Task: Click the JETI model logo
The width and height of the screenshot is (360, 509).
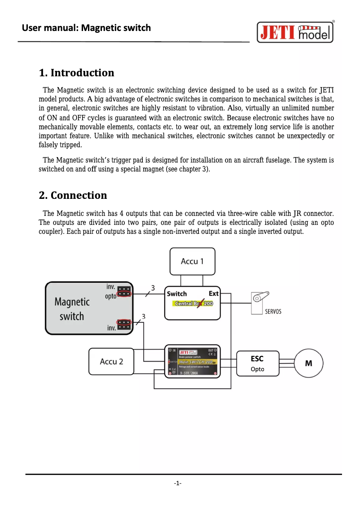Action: tap(295, 32)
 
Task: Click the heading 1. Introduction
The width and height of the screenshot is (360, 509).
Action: tap(76, 73)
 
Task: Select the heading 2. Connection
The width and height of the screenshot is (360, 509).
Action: tap(73, 195)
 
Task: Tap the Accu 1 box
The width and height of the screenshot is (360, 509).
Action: tap(192, 261)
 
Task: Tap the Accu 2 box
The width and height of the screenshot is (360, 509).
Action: tap(111, 361)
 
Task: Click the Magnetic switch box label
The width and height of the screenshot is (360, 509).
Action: tap(72, 309)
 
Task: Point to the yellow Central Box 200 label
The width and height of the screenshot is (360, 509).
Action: tap(193, 304)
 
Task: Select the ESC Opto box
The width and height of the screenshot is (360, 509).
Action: tap(257, 363)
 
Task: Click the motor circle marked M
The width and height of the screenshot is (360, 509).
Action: tap(308, 363)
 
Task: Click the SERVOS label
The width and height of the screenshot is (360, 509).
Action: tap(273, 312)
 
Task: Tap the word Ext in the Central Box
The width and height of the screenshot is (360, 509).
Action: tap(213, 294)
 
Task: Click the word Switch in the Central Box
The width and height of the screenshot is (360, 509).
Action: tap(177, 294)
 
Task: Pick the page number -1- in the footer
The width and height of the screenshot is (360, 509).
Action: tap(178, 483)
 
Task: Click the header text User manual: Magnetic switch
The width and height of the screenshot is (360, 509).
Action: tap(87, 28)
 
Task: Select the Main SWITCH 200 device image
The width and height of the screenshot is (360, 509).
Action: tap(192, 361)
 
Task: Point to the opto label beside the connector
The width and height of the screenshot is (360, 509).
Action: tap(110, 296)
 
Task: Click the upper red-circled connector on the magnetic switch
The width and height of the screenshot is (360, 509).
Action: tap(124, 295)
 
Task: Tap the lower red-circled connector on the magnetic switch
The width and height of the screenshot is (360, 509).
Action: tap(124, 322)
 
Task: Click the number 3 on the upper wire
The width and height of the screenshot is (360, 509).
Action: tap(153, 288)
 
